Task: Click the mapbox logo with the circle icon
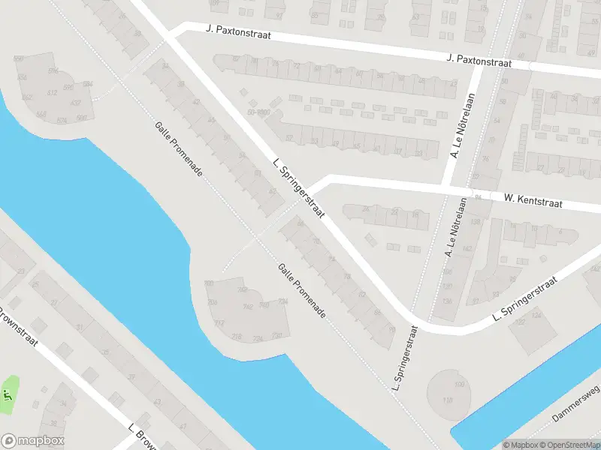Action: pyautogui.click(x=32, y=441)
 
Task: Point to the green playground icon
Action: pyautogui.click(x=8, y=394)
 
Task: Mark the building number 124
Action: pyautogui.click(x=536, y=316)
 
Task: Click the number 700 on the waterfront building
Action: pyautogui.click(x=209, y=283)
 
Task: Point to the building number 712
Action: pyautogui.click(x=219, y=323)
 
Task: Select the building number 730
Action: pyautogui.click(x=276, y=334)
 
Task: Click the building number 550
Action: pyautogui.click(x=19, y=58)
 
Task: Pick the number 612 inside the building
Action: pyautogui.click(x=53, y=92)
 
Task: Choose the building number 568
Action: pyautogui.click(x=41, y=115)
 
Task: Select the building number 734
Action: pyautogui.click(x=282, y=301)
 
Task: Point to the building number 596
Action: pyautogui.click(x=53, y=70)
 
